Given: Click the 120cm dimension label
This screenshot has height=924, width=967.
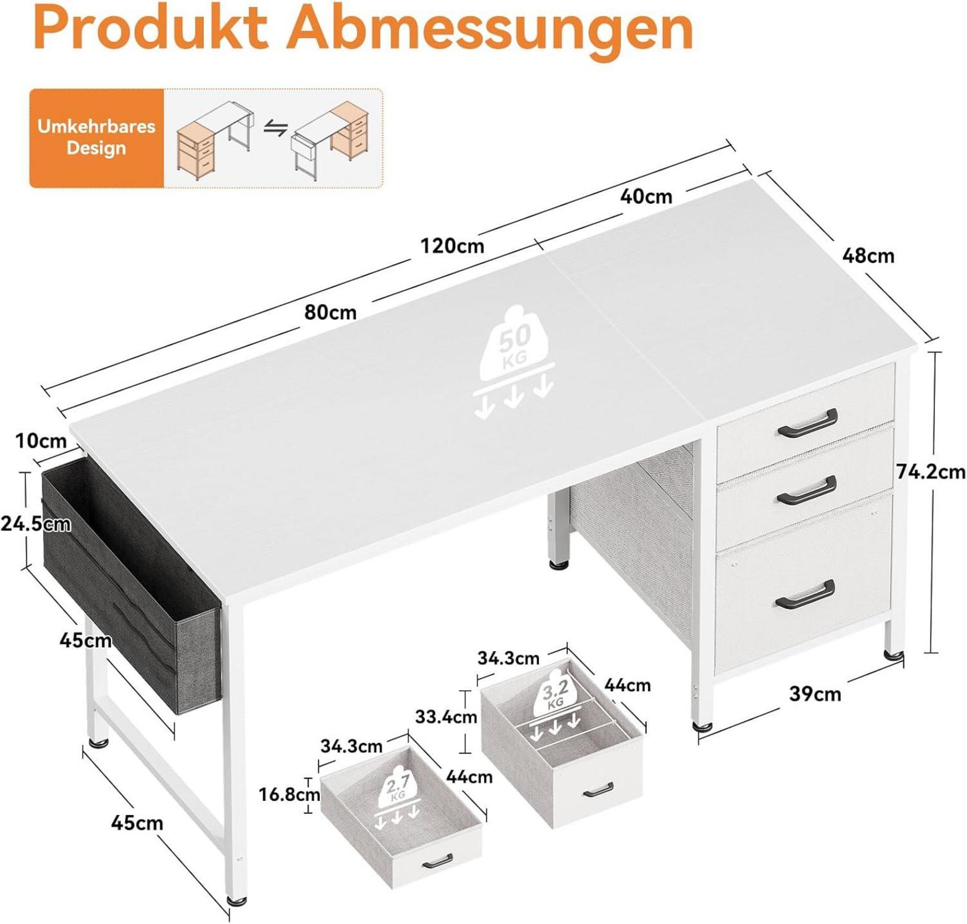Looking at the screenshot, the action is tap(452, 246).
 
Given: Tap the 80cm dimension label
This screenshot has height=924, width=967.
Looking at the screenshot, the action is tap(330, 312).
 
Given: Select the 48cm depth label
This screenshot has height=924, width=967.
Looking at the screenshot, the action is tap(868, 255).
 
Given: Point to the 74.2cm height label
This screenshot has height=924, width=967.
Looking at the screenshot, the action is tap(931, 472).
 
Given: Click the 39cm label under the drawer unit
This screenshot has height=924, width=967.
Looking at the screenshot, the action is tap(815, 694).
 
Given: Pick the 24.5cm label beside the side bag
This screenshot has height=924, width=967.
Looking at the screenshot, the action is tap(35, 524).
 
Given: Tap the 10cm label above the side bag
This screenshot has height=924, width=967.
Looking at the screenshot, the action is tap(41, 441).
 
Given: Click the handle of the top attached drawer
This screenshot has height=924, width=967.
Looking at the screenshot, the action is tap(807, 424).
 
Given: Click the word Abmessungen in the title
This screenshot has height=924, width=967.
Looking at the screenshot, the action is tap(490, 29).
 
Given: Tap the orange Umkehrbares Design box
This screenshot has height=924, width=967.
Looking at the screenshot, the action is tap(97, 137).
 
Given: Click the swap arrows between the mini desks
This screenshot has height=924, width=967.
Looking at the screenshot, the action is tap(276, 129).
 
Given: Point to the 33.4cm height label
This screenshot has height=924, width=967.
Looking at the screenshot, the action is tap(446, 717).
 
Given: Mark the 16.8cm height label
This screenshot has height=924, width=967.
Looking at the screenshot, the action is tap(289, 794).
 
